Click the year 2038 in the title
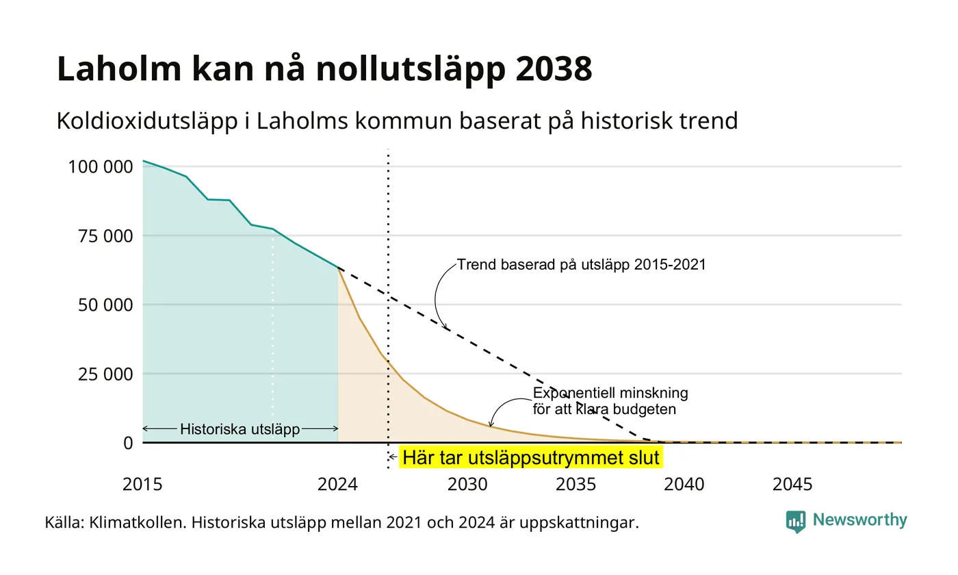coord(554,68)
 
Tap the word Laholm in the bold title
coord(119,68)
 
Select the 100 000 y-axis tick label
coord(101,166)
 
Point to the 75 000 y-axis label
coord(105,235)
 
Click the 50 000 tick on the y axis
coord(105,305)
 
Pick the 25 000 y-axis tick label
coord(105,374)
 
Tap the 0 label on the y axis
coord(129,444)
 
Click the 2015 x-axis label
coord(142,485)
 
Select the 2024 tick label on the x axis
coord(337,485)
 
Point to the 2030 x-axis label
coord(467,485)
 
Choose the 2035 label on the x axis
coord(575,485)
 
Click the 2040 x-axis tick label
coord(684,485)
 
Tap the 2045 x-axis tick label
coord(792,485)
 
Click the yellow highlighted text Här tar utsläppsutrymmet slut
coord(531,457)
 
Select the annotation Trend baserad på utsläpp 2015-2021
coord(581,264)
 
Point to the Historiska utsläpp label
coord(240,429)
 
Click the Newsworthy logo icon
coord(795,522)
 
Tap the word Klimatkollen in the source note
coord(138,523)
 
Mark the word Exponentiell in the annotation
coord(572,393)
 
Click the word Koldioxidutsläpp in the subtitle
coord(147,121)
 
